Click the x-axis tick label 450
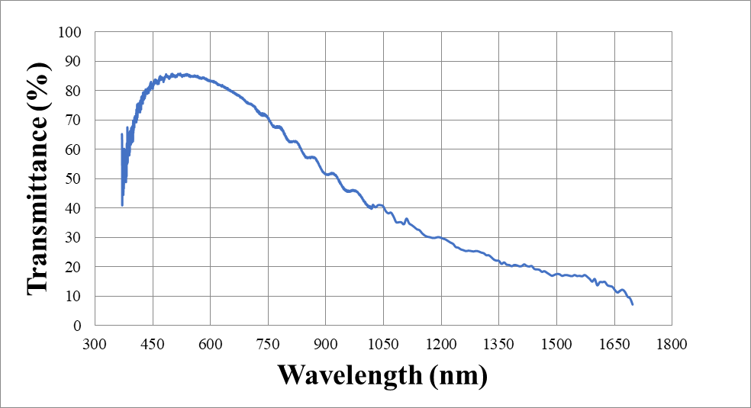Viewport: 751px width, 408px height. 153,343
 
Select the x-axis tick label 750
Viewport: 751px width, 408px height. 268,343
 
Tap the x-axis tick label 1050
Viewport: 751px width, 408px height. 383,343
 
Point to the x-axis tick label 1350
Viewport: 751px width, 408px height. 498,343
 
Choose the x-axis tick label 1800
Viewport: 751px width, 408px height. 672,343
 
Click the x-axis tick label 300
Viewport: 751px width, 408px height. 95,343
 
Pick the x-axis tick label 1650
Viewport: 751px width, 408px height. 614,343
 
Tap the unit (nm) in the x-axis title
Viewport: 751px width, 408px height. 456,374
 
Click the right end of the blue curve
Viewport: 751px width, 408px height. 633,304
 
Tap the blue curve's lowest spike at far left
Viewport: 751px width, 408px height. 122,204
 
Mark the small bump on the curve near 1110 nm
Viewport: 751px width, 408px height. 406,219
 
